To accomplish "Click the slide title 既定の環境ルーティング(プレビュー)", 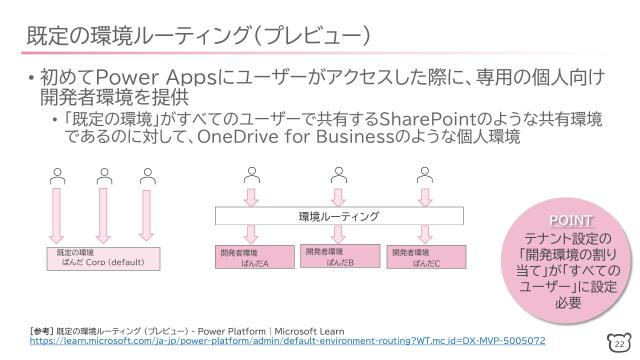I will click(200, 36).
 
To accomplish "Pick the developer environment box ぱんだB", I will click(339, 256).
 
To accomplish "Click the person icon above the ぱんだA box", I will click(251, 173).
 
